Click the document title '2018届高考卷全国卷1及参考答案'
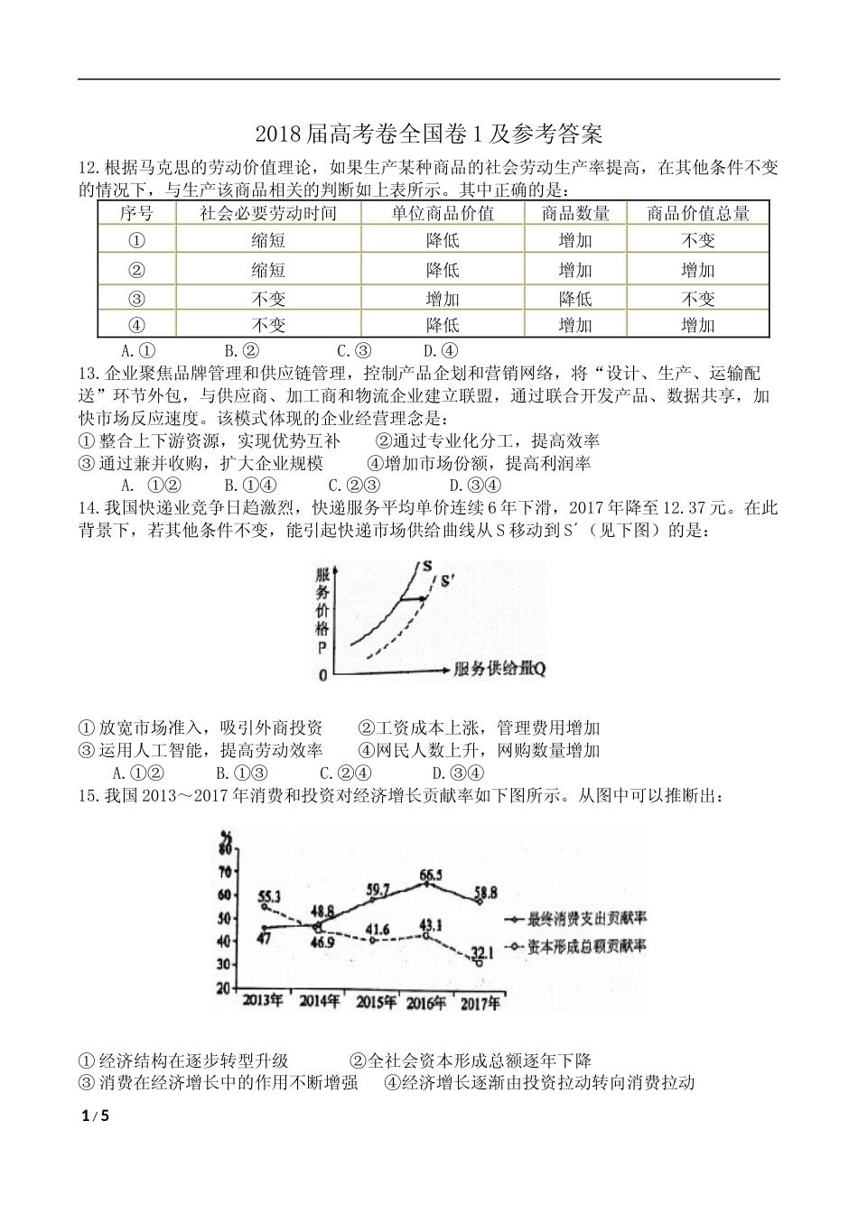tap(428, 134)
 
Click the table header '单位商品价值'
tap(443, 213)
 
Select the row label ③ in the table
tap(137, 298)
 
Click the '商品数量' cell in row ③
tap(575, 298)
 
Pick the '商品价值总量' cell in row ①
tap(697, 240)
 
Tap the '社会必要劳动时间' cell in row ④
tap(268, 325)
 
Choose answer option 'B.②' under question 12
tap(242, 351)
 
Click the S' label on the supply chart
tap(449, 581)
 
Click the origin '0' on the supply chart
tap(322, 675)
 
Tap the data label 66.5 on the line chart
tap(431, 875)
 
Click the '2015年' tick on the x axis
tap(375, 1002)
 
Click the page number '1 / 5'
tap(94, 1116)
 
